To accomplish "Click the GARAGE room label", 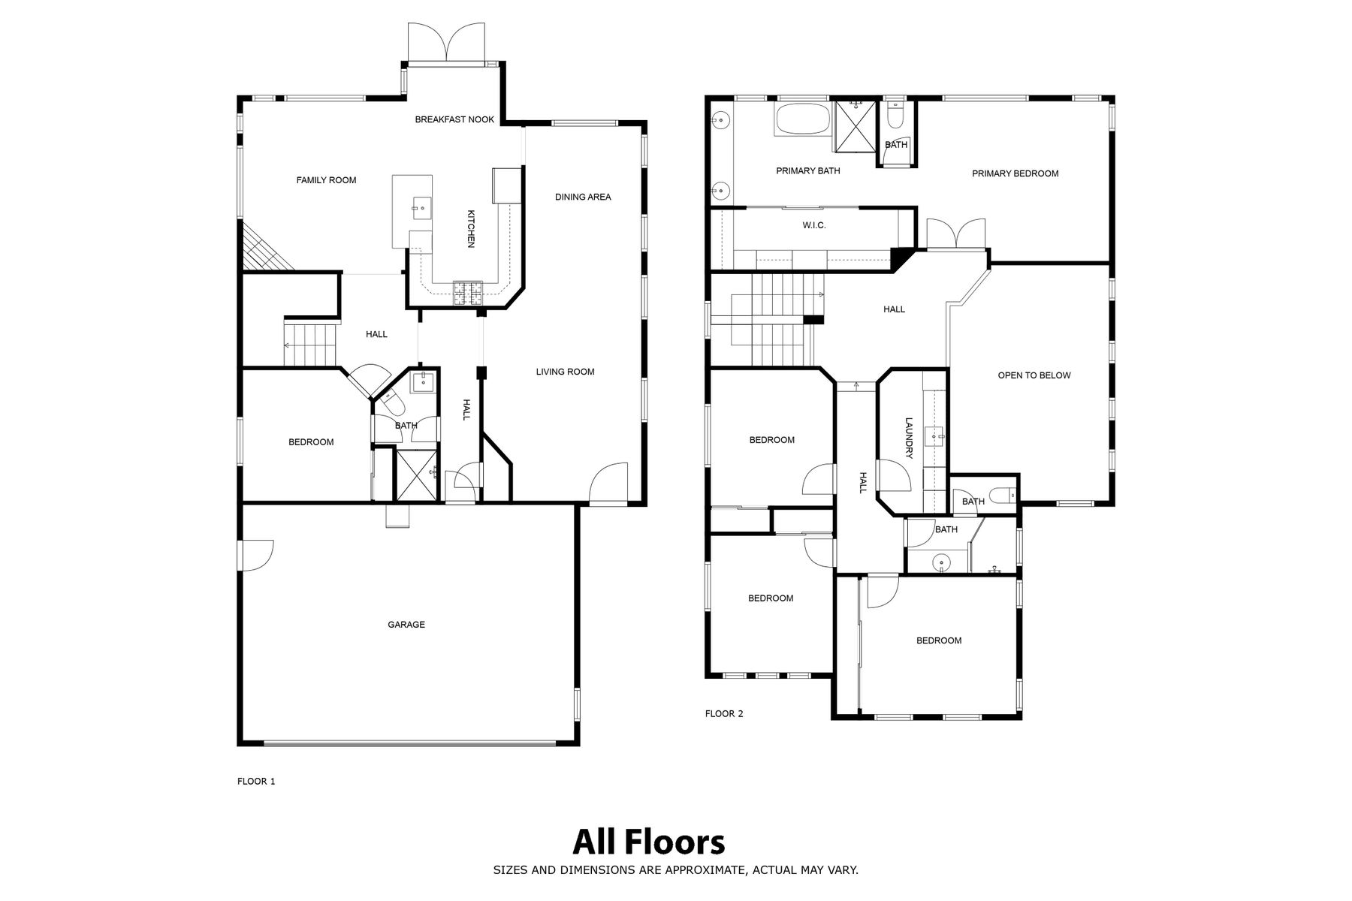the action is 406,624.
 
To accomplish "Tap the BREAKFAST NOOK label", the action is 454,119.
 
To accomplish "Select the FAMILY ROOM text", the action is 326,180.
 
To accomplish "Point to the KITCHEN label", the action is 471,228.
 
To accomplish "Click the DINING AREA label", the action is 583,197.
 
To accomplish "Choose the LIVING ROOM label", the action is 565,372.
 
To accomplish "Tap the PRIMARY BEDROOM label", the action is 1015,173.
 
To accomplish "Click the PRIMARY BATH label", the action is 808,171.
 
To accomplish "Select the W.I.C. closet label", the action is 814,225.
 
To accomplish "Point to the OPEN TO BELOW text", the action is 1034,375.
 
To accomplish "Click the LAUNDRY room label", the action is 908,438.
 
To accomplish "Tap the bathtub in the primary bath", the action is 803,120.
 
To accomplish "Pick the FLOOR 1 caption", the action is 256,782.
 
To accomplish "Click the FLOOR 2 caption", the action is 724,714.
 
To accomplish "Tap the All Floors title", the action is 649,842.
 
